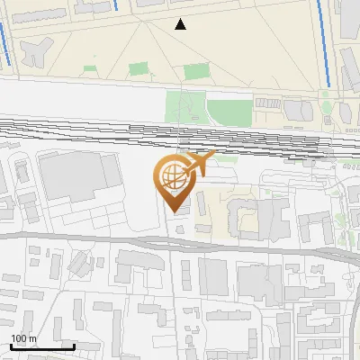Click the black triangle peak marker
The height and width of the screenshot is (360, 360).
click(181, 24)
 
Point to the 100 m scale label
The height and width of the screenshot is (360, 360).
click(23, 338)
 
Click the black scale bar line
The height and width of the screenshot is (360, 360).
click(42, 346)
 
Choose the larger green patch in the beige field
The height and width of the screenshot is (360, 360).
click(196, 71)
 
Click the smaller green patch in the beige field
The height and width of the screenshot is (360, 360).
click(138, 68)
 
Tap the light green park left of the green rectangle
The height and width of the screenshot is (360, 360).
click(184, 109)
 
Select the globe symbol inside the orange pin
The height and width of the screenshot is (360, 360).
click(172, 173)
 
